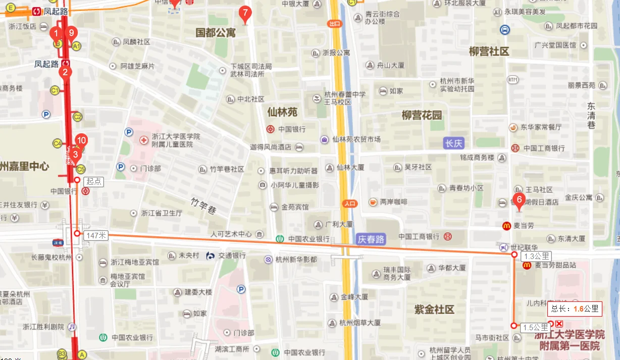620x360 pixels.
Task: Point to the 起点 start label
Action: coord(93,181)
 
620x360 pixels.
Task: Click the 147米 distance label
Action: coord(96,235)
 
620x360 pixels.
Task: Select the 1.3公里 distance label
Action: coord(536,256)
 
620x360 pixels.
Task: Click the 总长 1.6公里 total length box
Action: coord(575,308)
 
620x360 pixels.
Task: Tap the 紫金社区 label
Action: coord(434,309)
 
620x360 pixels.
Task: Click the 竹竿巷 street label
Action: coord(203,206)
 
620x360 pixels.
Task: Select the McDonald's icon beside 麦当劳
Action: coord(506,226)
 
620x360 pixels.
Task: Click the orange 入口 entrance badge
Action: coord(349,203)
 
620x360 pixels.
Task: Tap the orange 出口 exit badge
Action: coord(334,24)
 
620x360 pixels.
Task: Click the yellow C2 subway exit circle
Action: coord(78,117)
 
